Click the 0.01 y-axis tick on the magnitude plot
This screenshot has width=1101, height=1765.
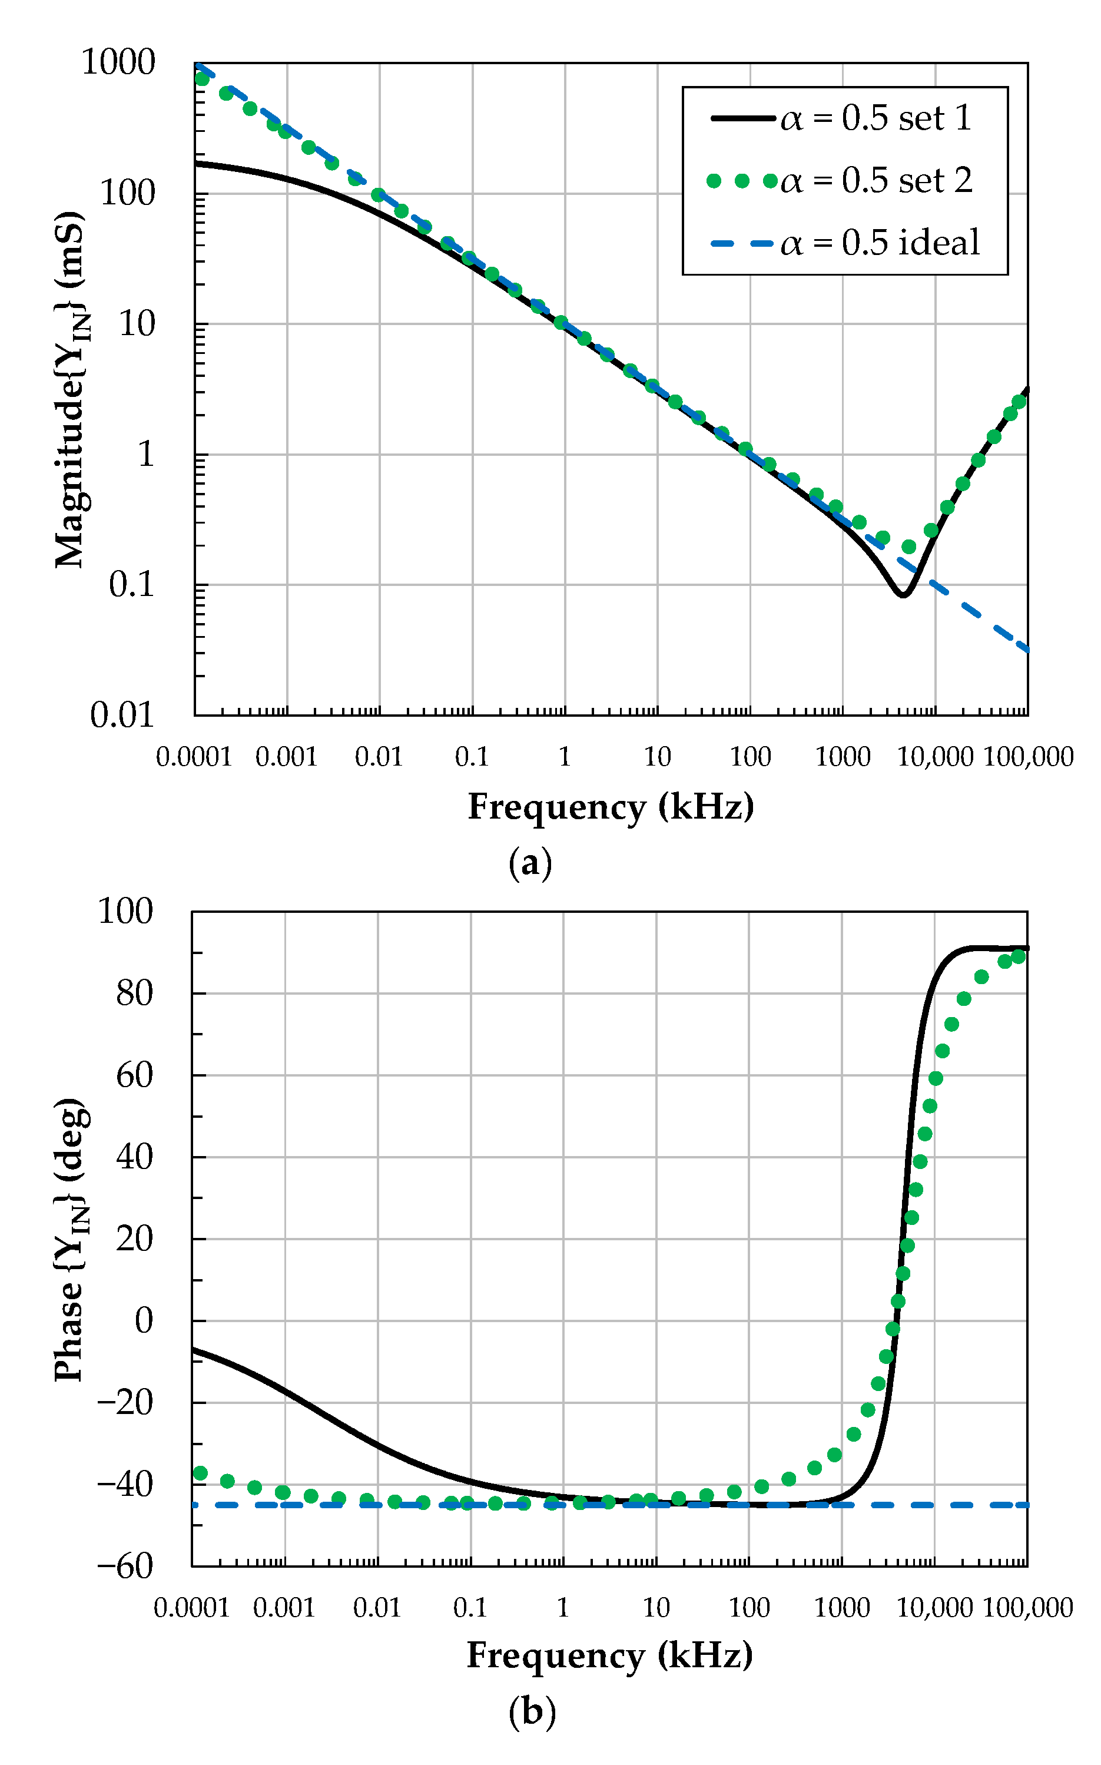(122, 715)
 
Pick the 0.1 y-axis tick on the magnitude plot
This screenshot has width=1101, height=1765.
(132, 585)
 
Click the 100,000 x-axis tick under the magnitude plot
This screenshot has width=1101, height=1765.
(1028, 757)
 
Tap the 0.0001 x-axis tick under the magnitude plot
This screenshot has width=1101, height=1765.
(194, 757)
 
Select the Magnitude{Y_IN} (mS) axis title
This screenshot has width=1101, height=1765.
(71, 389)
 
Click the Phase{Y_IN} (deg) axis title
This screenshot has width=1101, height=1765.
(71, 1239)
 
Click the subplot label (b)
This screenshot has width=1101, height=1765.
(532, 1711)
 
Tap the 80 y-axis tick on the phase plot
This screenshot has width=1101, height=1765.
(135, 993)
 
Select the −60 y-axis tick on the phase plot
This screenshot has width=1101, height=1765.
(125, 1565)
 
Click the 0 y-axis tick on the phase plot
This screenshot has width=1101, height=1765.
(144, 1320)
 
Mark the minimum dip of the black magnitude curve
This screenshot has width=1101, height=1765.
(903, 595)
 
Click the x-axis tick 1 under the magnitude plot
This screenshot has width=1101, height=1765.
(564, 757)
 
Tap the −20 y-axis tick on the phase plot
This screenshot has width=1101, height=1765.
(125, 1402)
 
